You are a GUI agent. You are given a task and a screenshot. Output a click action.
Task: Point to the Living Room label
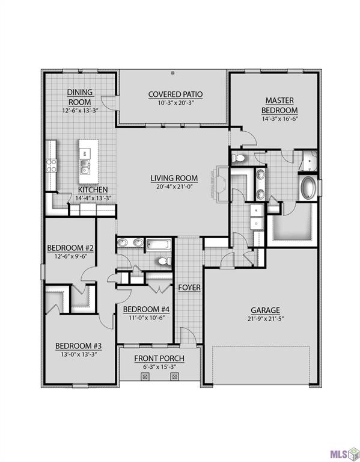pyautogui.click(x=174, y=177)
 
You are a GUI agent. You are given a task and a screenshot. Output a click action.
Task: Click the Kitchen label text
pyautogui.click(x=93, y=189)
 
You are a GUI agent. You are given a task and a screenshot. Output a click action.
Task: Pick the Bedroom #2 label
pyautogui.click(x=70, y=248)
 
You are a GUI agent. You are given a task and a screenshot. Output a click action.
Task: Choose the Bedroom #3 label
pyautogui.click(x=78, y=346)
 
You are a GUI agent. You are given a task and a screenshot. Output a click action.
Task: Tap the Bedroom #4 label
pyautogui.click(x=147, y=309)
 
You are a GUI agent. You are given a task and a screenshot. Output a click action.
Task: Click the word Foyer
pyautogui.click(x=189, y=288)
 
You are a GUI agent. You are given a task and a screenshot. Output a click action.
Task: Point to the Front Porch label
pyautogui.click(x=159, y=359)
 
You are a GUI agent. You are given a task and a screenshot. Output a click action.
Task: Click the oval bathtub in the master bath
pyautogui.click(x=310, y=188)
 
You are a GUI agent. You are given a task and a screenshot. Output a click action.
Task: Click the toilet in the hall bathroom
pyautogui.click(x=162, y=261)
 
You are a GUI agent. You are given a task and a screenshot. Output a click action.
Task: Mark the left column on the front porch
pyautogui.click(x=144, y=377)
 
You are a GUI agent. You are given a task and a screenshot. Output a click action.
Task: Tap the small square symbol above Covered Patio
pyautogui.click(x=173, y=73)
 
